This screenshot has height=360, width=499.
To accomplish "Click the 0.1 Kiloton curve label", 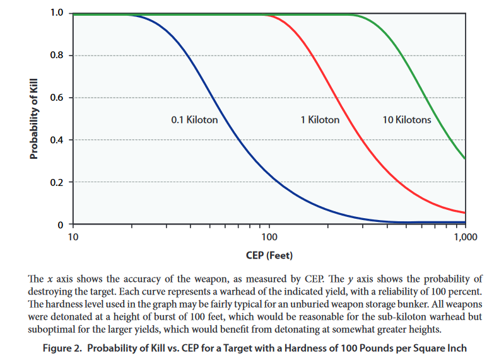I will pos(194,120).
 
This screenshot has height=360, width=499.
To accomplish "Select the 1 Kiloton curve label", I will pos(320,120).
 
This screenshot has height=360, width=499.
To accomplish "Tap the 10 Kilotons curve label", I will pos(407,120).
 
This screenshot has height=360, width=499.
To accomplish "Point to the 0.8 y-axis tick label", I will pos(57,55).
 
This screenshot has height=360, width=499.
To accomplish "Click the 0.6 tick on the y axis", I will pos(57,98).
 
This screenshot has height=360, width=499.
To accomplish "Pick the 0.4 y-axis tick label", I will pos(57,140).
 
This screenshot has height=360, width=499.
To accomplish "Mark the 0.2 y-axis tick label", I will pos(57,182).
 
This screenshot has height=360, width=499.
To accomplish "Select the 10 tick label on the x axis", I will pos(73,237).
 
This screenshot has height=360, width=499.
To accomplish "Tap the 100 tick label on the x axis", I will pos(269,237).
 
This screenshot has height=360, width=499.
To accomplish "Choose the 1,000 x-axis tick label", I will pos(465,237).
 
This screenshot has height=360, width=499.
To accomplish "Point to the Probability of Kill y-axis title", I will pos(35,119).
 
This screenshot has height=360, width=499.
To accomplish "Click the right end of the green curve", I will pos(465,158).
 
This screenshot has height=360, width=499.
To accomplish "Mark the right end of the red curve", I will pos(465,212).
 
